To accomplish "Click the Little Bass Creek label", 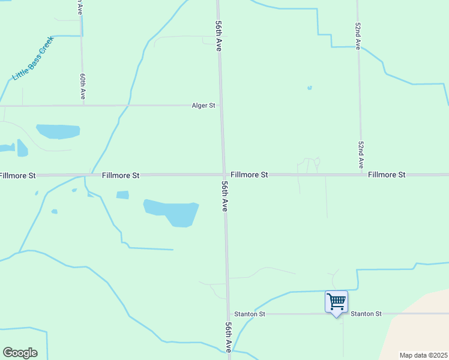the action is pos(33,59).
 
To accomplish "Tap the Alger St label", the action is pos(203,106).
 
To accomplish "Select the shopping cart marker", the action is pos(336,301).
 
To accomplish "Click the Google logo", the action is pos(20,353).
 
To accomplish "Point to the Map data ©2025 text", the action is pos(423,355).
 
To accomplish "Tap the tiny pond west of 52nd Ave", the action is pos(310,88).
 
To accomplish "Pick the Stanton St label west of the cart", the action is pos(250,314).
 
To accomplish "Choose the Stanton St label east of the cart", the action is pos(366,314).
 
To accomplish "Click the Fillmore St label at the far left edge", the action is pos(18,175).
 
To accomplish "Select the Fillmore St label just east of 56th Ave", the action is pos(249,175).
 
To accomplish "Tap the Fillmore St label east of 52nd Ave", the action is pos(387,175).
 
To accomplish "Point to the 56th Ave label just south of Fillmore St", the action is pos(224,196).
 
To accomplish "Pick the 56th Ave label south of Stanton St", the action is pos(229,337).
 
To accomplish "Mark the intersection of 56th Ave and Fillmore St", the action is pos(224,175).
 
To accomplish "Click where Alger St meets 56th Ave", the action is pos(221,106).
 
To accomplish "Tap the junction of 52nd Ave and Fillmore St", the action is pos(361,175).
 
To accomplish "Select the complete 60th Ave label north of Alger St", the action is pos(83,86).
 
